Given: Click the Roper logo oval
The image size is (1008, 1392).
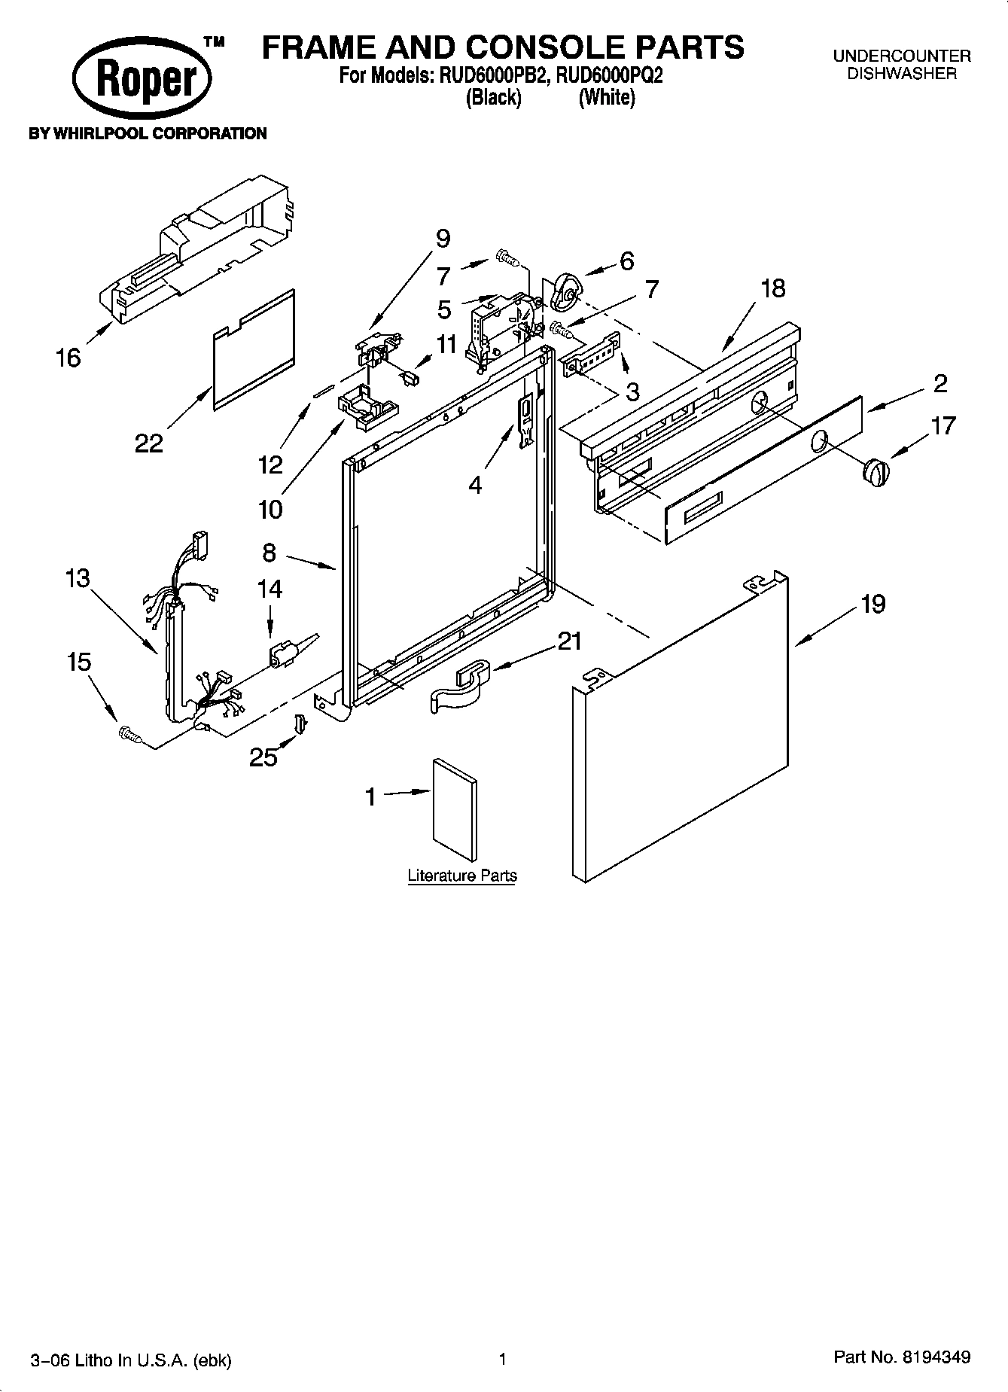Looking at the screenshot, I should [142, 79].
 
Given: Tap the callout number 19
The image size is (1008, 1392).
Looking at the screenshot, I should [872, 604].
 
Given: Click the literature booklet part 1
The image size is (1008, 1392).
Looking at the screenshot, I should [454, 809].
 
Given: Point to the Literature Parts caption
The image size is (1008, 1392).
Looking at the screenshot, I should [461, 876].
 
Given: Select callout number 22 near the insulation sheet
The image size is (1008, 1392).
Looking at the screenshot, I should [148, 443].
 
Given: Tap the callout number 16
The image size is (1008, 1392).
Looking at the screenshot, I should [68, 358].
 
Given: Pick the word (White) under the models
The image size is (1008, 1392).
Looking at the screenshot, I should [606, 98].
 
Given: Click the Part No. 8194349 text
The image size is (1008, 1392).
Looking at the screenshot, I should [901, 1357].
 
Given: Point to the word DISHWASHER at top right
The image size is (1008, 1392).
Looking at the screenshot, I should [901, 74].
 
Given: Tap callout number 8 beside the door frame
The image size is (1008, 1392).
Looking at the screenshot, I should [270, 553].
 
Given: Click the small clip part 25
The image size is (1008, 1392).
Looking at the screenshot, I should [300, 723].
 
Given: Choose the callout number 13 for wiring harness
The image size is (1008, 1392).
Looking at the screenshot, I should [78, 578].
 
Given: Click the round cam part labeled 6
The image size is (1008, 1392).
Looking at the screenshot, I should [565, 293].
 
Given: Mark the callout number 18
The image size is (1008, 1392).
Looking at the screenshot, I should [772, 288].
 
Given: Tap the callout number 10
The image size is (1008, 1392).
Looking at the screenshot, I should [270, 510].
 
